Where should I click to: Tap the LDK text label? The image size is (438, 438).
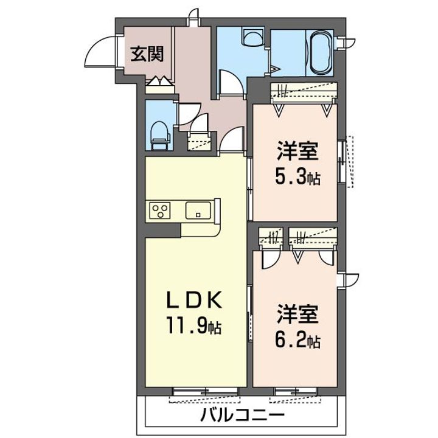pyautogui.click(x=195, y=300)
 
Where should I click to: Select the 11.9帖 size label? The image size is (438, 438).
pyautogui.click(x=194, y=325)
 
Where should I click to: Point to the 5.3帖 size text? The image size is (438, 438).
pyautogui.click(x=297, y=177)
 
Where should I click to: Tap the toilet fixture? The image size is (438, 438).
pyautogui.click(x=161, y=136)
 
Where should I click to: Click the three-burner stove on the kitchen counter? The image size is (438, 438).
pyautogui.click(x=160, y=210)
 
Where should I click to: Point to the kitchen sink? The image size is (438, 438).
pyautogui.click(x=198, y=210)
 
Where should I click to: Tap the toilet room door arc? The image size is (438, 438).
pyautogui.click(x=190, y=114)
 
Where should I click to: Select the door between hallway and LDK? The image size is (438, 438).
pyautogui.click(x=231, y=140)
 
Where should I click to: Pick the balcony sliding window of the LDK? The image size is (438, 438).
pyautogui.click(x=206, y=391)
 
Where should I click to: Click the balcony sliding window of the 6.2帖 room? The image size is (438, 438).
pyautogui.click(x=296, y=391)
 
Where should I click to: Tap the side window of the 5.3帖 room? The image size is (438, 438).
pyautogui.click(x=341, y=162)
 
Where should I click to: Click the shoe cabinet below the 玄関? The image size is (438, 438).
pyautogui.click(x=159, y=86)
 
